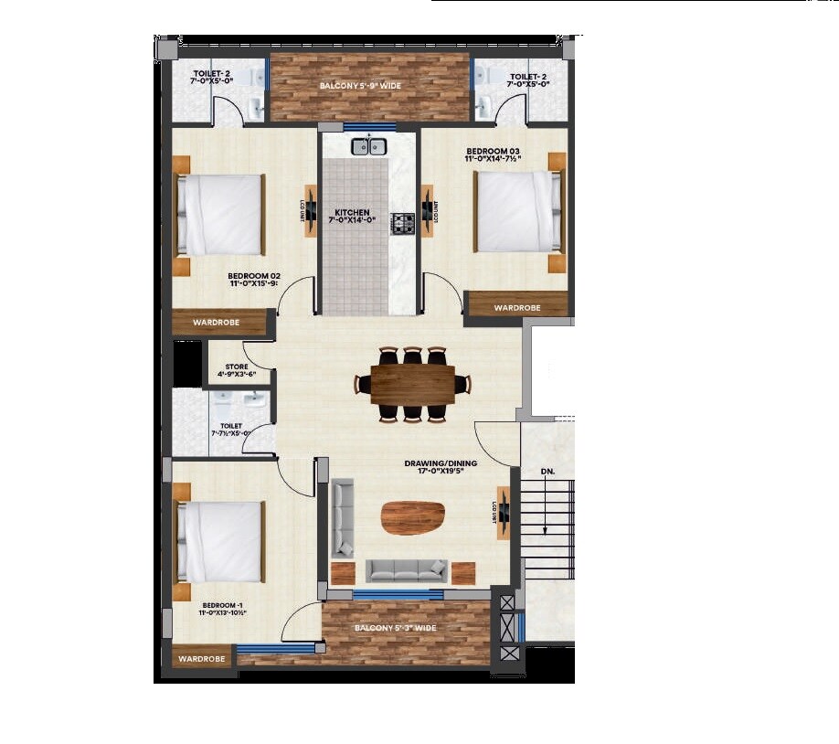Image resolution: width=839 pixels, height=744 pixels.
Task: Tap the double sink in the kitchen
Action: (x=367, y=145)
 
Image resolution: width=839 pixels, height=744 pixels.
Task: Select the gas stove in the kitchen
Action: (x=403, y=222)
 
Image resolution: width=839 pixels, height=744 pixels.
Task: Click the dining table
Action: (x=412, y=384)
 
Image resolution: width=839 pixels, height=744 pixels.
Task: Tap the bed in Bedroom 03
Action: (x=516, y=212)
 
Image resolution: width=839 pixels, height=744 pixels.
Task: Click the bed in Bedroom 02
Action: (x=219, y=216)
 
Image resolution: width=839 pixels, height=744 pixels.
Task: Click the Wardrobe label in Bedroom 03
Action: (x=517, y=308)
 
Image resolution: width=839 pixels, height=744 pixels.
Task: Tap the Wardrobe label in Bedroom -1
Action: (x=202, y=658)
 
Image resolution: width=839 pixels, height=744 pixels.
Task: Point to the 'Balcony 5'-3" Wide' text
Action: (x=395, y=628)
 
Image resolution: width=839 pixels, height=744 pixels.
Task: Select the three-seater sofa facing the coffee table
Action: (x=407, y=570)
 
